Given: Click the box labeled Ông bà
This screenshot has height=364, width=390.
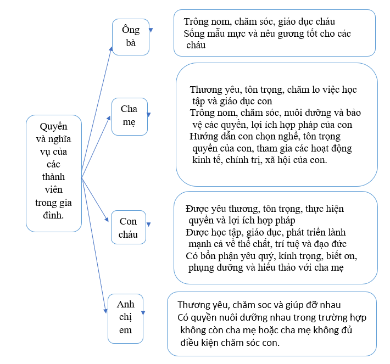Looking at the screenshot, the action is pyautogui.click(x=131, y=37).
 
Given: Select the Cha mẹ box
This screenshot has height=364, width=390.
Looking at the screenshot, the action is pyautogui.click(x=130, y=116).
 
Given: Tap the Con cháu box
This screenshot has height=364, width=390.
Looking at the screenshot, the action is pyautogui.click(x=129, y=227).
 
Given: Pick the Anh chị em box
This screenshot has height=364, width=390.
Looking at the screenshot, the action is pyautogui.click(x=125, y=318).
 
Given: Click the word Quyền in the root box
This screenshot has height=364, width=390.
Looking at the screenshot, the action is pyautogui.click(x=53, y=127).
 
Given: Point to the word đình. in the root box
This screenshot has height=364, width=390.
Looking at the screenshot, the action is pyautogui.click(x=53, y=215).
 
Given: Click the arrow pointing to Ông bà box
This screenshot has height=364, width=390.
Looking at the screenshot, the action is pyautogui.click(x=97, y=112).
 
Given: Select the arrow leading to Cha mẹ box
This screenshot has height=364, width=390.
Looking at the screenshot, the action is pyautogui.click(x=96, y=147).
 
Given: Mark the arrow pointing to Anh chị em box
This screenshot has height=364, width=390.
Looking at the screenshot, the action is pyautogui.click(x=94, y=245).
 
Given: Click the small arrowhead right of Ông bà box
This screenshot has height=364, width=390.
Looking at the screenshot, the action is pyautogui.click(x=151, y=30).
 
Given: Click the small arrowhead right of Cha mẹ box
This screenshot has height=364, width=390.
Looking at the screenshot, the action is pyautogui.click(x=148, y=115).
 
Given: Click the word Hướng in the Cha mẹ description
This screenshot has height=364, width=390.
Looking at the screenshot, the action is pyautogui.click(x=202, y=137).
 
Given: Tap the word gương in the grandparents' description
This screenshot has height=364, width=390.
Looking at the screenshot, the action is pyautogui.click(x=291, y=34).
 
